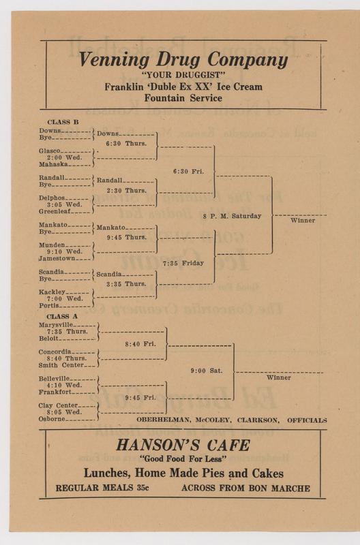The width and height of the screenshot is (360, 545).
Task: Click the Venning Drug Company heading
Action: [183, 59]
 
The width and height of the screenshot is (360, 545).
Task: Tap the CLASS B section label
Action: [63, 122]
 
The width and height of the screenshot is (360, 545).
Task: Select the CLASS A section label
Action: [62, 316]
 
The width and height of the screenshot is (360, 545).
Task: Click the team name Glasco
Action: [49, 151]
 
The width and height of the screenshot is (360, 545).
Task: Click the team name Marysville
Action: [56, 325]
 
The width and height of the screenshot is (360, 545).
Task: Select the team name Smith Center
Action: [61, 365]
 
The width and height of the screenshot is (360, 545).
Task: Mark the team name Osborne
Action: [52, 419]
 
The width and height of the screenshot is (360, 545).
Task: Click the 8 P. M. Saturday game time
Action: [232, 216]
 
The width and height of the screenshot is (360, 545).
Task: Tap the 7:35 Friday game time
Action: [183, 263]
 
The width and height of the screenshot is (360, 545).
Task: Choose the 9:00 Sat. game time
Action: [207, 371]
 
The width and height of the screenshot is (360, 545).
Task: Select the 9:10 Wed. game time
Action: [65, 251]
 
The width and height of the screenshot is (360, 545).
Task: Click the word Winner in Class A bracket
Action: [279, 377]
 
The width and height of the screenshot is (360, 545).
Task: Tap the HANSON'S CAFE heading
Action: [183, 446]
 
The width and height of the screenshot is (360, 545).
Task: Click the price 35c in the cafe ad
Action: [142, 488]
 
